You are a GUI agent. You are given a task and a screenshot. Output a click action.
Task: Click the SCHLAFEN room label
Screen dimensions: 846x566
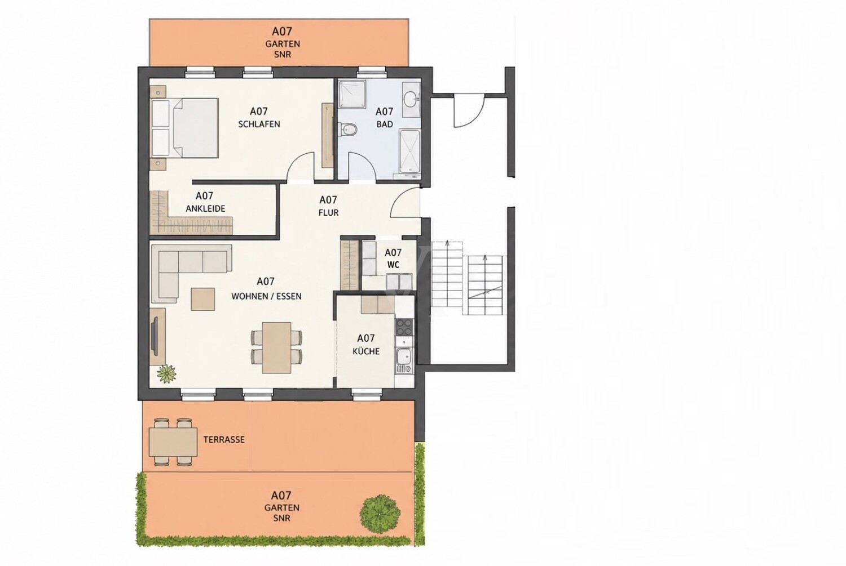(x=259, y=124)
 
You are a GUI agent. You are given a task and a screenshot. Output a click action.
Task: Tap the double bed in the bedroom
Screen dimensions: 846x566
(x=185, y=128)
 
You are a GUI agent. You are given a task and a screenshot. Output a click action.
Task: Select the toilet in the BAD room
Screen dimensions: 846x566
(x=348, y=130)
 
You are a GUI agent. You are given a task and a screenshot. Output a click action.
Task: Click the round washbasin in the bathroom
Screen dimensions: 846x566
(x=411, y=100)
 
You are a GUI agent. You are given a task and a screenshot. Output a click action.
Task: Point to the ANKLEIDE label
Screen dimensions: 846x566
(x=205, y=208)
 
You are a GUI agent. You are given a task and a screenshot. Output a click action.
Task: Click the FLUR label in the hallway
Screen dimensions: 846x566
(x=328, y=213)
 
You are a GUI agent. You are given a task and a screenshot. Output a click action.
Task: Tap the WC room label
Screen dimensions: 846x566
(x=393, y=265)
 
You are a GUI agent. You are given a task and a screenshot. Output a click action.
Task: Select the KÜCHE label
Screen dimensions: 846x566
(x=366, y=351)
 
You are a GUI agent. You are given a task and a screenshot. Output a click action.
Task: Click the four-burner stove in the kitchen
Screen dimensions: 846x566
(x=404, y=327)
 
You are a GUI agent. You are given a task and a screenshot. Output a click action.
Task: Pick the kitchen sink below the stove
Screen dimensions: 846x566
(x=404, y=359)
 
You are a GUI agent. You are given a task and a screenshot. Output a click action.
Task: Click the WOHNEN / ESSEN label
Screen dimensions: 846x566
(x=266, y=296)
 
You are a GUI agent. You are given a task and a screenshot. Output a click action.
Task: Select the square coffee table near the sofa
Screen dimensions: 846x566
(x=203, y=299)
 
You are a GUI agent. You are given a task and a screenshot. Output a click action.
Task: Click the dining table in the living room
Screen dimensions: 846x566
(x=277, y=347)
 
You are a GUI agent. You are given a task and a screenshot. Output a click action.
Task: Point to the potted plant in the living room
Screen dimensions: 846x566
(x=166, y=373)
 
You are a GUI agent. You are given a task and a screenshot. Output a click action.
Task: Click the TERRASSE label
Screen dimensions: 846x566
(x=224, y=440)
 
